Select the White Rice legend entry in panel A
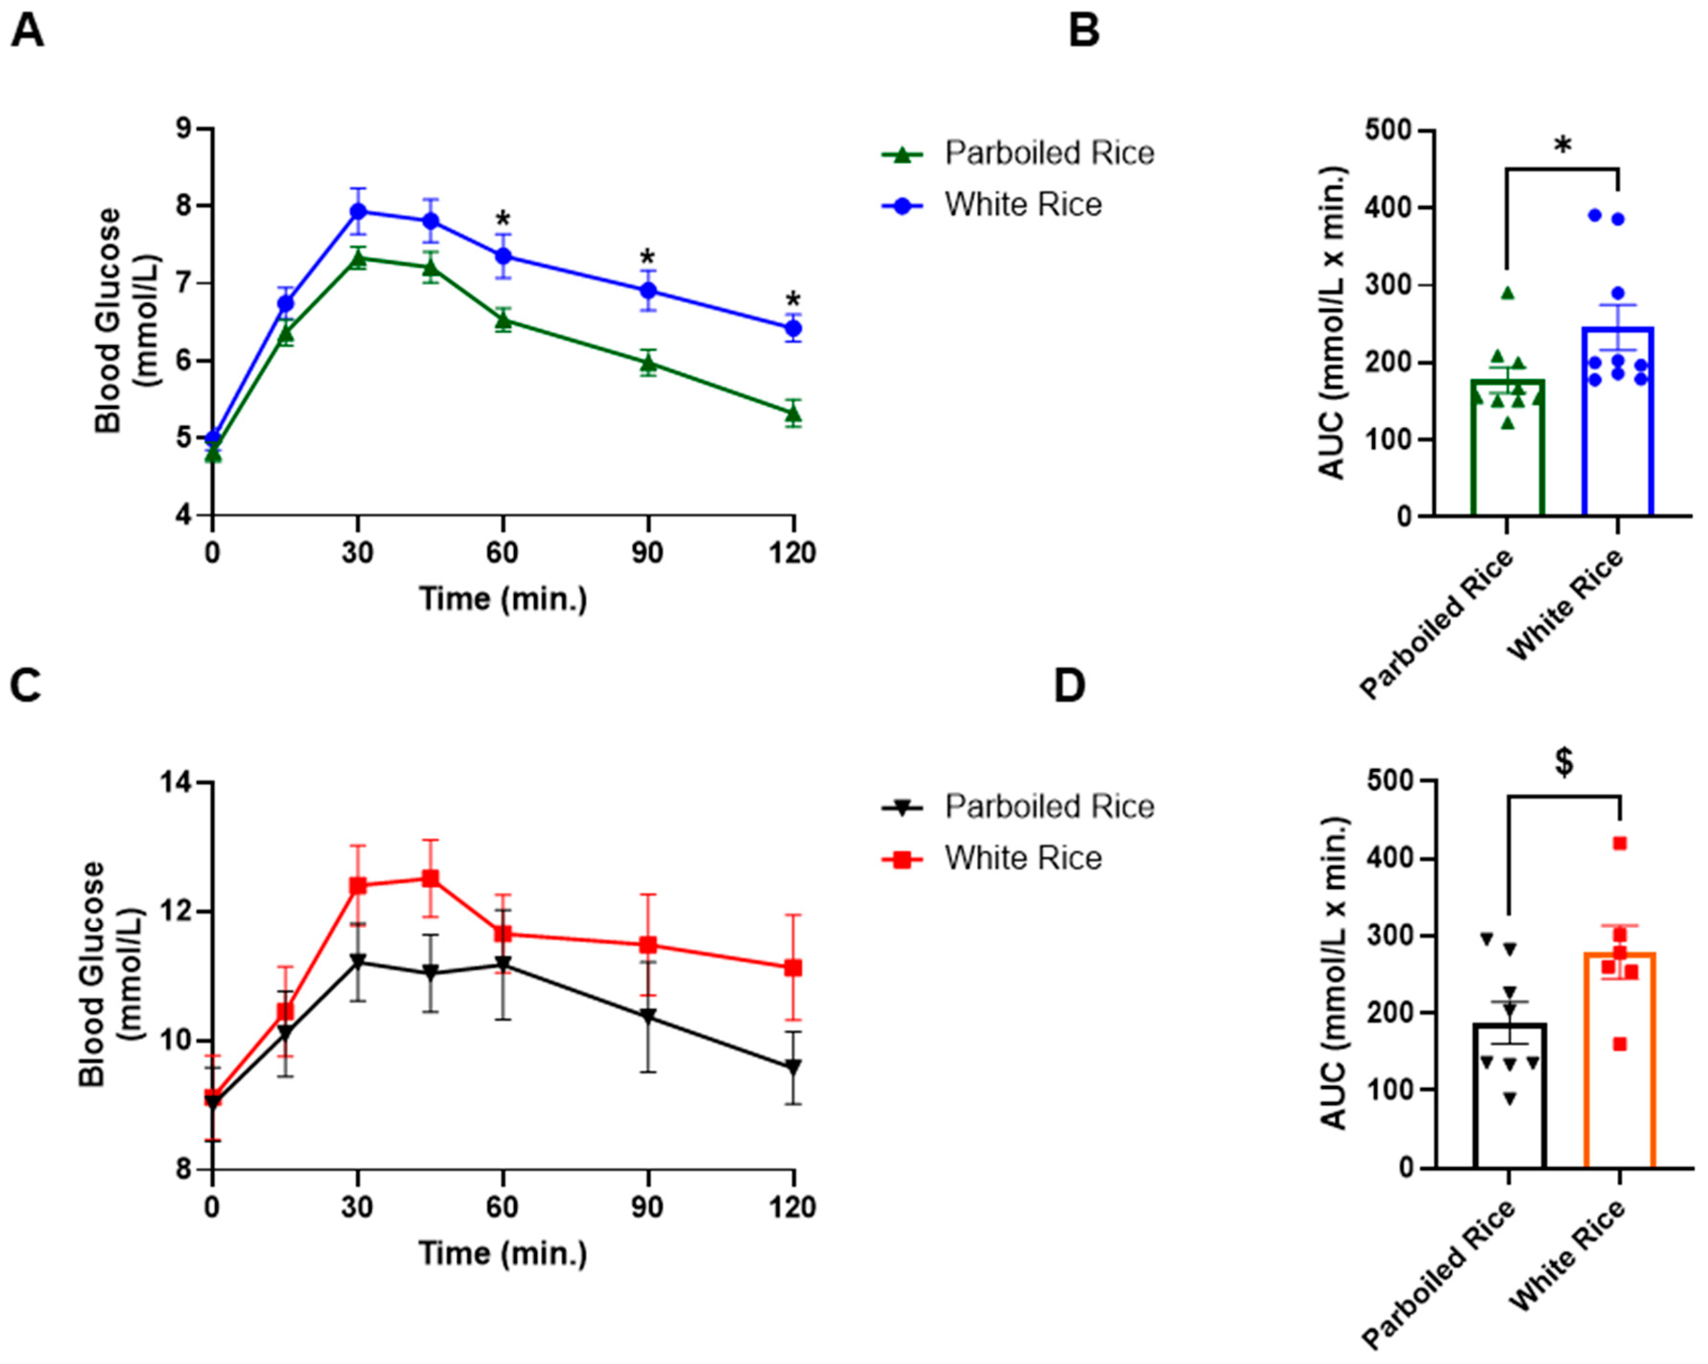(1022, 205)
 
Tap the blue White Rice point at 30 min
(358, 211)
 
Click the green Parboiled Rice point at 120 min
(793, 413)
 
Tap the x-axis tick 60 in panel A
(502, 552)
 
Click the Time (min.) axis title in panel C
(503, 1253)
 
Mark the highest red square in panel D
(1620, 843)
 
